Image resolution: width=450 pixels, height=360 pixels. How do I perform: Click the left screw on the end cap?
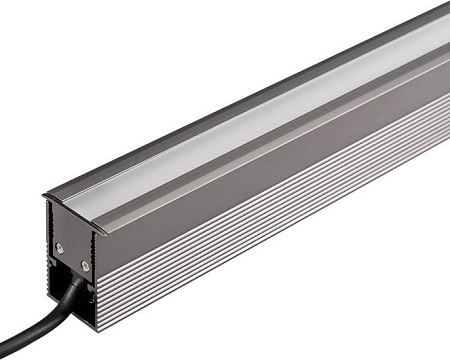coord(59,248)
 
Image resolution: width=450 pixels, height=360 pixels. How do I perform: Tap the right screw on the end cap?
coord(85,267)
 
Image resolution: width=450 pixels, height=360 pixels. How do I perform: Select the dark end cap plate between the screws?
coord(72,252)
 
